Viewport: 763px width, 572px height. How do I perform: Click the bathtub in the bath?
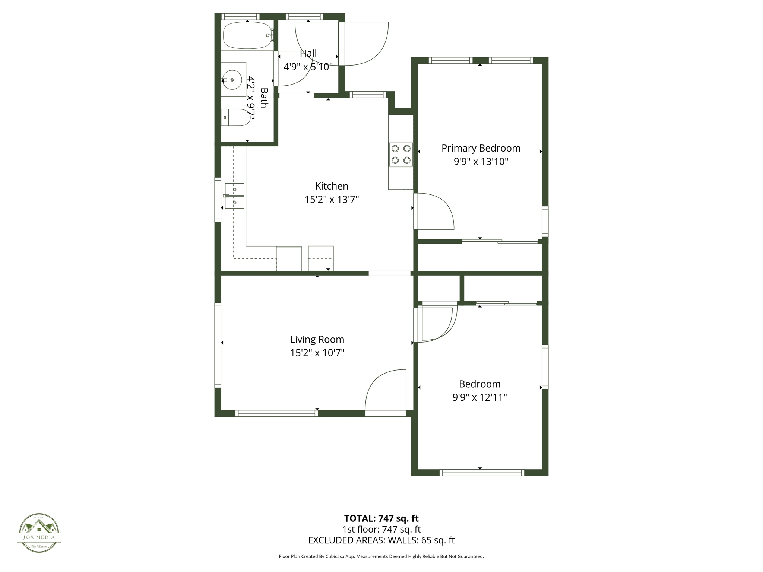(247, 36)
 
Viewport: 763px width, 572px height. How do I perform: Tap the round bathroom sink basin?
(232, 80)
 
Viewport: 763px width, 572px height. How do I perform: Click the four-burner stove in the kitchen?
(401, 154)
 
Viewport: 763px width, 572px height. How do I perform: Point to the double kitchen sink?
(235, 196)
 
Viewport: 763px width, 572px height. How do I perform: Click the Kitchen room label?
(332, 186)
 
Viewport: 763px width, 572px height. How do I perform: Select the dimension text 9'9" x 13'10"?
(481, 162)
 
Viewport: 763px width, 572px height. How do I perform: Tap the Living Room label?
(317, 339)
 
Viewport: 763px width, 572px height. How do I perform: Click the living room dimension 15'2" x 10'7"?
(317, 353)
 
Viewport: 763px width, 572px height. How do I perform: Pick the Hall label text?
(308, 53)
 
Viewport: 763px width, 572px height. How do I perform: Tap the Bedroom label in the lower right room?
(479, 384)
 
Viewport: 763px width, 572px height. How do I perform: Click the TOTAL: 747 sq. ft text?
(381, 518)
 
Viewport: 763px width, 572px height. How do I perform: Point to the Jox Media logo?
(39, 533)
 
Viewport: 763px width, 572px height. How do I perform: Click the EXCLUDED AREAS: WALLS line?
(381, 540)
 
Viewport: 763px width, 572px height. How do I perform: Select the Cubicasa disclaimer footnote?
(381, 556)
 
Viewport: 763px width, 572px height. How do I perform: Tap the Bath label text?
(264, 98)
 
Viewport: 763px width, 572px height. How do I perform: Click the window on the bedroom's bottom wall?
(482, 473)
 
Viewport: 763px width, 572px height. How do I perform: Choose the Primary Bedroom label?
(481, 148)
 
